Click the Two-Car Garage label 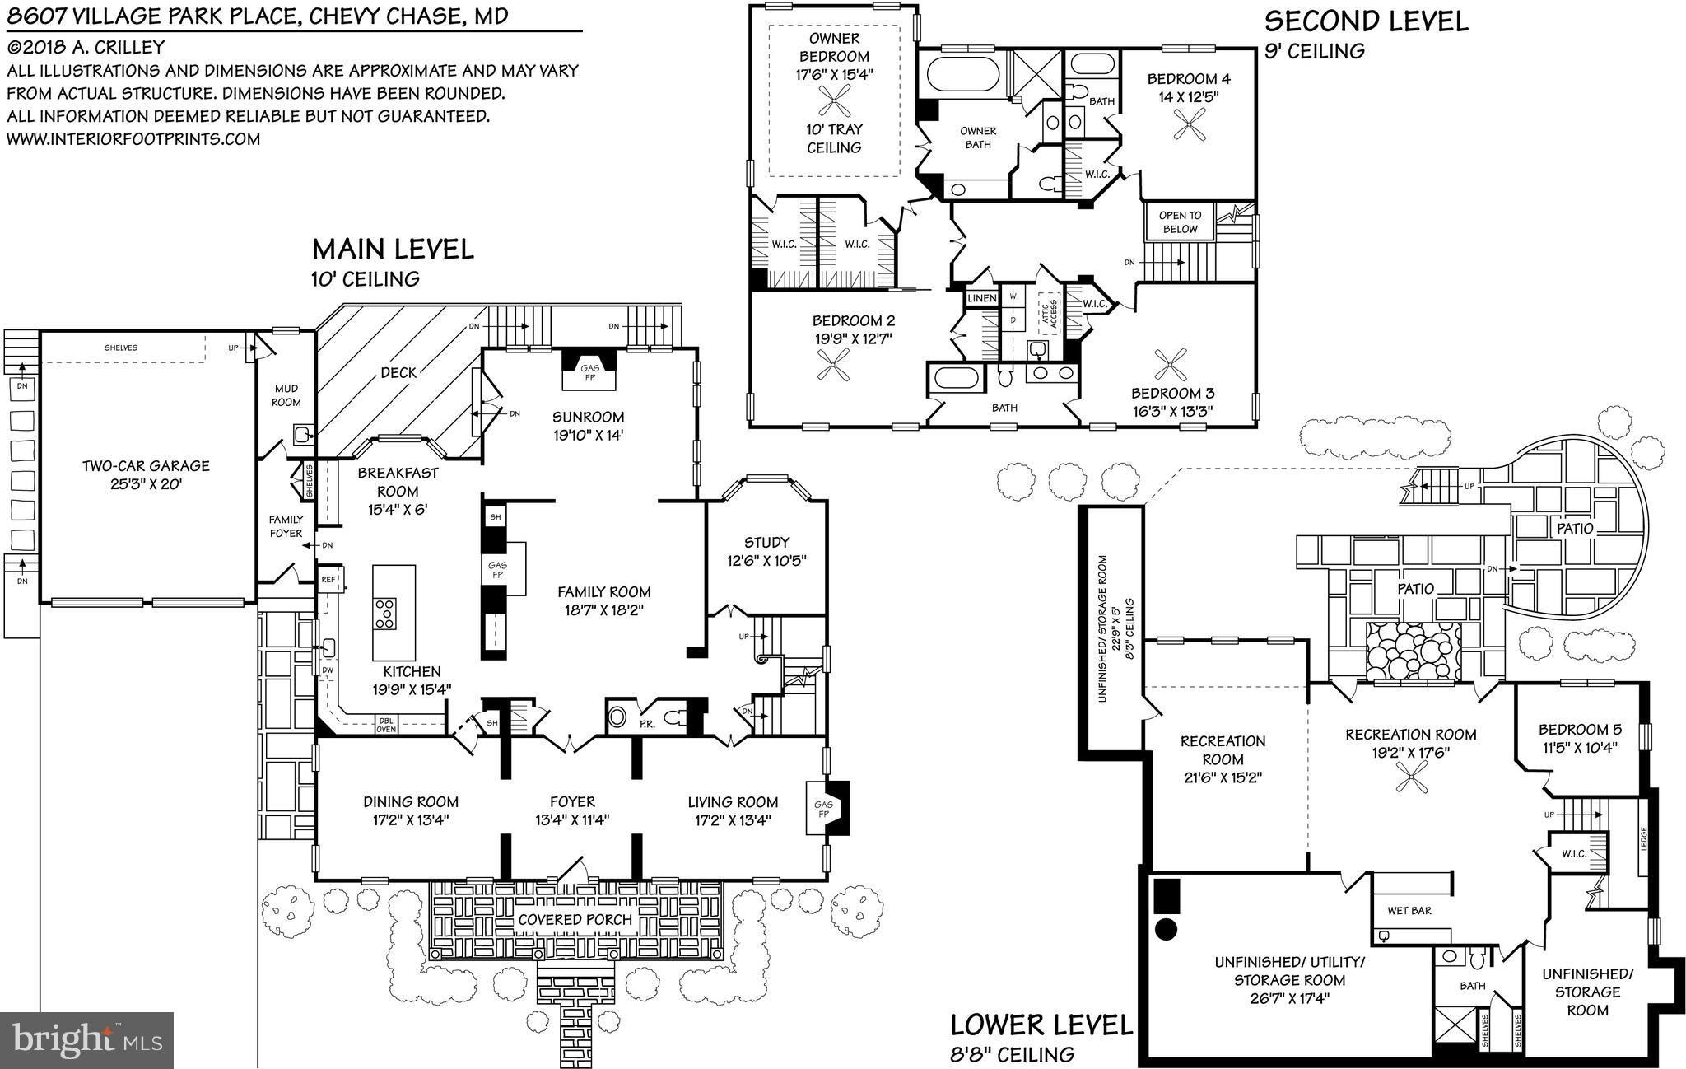coord(145,474)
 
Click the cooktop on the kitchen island coord(384,614)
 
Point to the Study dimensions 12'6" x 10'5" coord(766,561)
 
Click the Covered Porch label coord(575,919)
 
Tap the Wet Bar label coord(1409,911)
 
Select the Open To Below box coord(1180,222)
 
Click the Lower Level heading coord(1041,1025)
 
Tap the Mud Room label coord(286,395)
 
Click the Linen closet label coord(981,298)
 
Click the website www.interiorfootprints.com coord(133,139)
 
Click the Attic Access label coord(1046,315)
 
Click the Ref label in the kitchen coord(328,580)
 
